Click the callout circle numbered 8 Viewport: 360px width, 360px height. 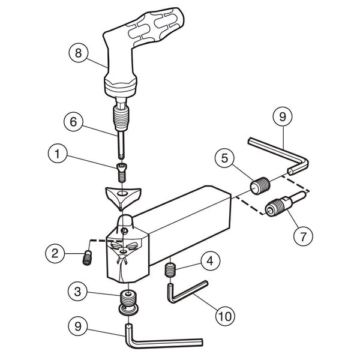(x=79, y=53)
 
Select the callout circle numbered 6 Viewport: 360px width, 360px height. (x=73, y=121)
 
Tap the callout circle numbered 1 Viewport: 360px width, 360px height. (x=58, y=154)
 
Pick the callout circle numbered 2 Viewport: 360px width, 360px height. (x=55, y=253)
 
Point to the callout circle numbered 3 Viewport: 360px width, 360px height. (x=77, y=292)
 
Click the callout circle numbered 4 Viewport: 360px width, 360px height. (x=211, y=261)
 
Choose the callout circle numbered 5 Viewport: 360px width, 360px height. (x=224, y=158)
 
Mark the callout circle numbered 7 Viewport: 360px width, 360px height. (x=303, y=236)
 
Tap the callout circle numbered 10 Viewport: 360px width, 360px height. (x=225, y=316)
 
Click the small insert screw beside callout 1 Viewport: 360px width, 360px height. (x=122, y=172)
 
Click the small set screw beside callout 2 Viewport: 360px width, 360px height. (x=87, y=258)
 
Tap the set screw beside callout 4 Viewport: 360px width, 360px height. (x=170, y=270)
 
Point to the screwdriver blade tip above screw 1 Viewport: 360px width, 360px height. (x=122, y=157)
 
